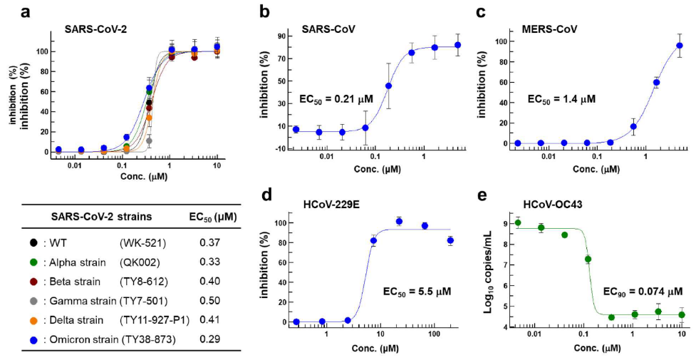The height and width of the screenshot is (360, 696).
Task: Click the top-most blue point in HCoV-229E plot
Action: point(399,221)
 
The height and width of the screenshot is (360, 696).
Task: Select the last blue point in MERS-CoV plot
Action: point(679,46)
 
